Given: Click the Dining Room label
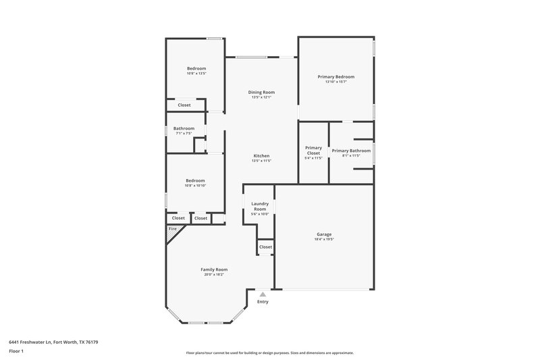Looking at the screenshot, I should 261,92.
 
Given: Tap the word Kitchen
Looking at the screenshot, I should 261,155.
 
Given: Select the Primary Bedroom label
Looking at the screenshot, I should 335,76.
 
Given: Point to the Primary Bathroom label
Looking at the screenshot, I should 351,150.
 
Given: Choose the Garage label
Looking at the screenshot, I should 323,234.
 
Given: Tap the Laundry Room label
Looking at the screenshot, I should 260,206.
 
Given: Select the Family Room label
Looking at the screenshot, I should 213,269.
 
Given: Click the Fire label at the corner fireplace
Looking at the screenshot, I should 172,230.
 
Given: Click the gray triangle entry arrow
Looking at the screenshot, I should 263,294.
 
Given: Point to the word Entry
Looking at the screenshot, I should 263,301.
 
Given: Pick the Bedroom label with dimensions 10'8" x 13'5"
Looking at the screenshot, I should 196,68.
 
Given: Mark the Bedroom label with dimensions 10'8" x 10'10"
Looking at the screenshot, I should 196,180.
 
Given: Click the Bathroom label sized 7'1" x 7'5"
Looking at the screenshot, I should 184,128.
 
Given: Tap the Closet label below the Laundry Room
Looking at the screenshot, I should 265,247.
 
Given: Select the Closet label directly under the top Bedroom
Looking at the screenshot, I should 184,105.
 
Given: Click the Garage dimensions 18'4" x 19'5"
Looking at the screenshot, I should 323,240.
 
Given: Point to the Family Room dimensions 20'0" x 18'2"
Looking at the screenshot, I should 213,275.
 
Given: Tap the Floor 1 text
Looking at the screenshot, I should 16,352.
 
